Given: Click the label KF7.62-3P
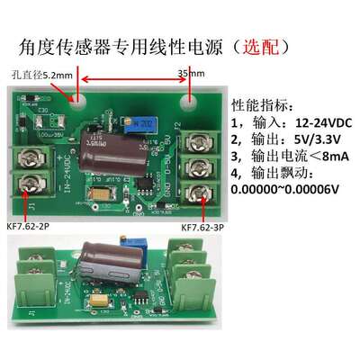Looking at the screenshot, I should pyautogui.click(x=206, y=229).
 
